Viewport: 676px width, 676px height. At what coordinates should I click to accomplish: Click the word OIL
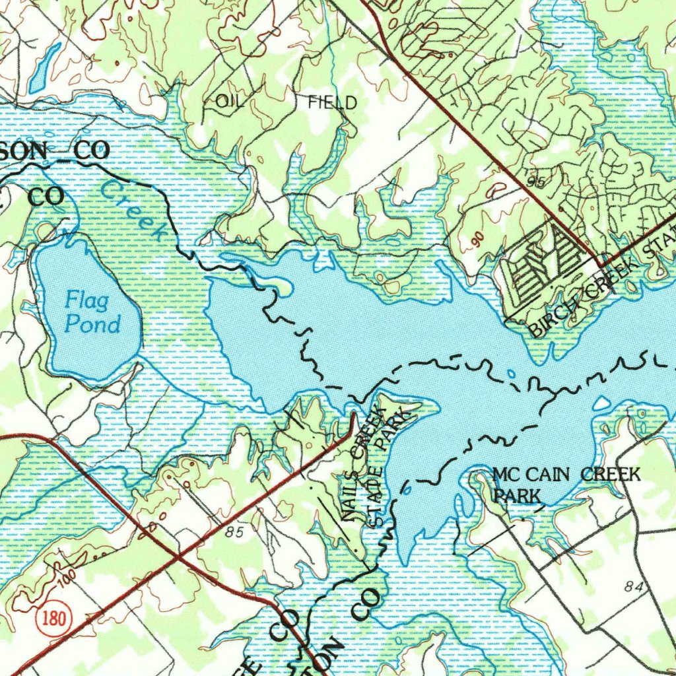230,101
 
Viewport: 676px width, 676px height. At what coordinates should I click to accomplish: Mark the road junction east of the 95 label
601,265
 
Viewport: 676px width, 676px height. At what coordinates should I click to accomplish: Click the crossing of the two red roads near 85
177,558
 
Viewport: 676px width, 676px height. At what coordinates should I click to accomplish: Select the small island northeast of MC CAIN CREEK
602,402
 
